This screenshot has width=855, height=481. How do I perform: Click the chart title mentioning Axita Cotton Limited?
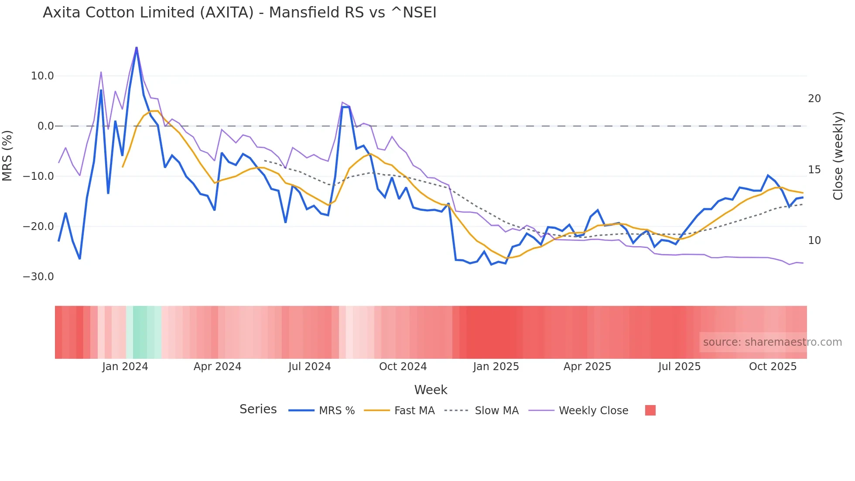coord(239,13)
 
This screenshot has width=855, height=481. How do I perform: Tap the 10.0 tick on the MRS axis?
coord(42,76)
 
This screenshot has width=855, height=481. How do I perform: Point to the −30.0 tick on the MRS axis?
coord(38,277)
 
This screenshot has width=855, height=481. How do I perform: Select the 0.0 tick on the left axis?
coord(45,126)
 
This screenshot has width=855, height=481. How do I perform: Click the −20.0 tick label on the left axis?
coord(38,227)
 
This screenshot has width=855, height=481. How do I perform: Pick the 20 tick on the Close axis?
coord(814,99)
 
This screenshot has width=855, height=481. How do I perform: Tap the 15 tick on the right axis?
coord(814,170)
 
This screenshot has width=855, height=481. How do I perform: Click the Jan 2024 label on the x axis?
coord(125,367)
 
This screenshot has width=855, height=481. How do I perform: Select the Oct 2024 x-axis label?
coord(403,367)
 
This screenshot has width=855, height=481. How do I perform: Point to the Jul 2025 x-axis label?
coord(679,367)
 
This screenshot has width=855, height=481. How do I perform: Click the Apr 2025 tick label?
coord(587,367)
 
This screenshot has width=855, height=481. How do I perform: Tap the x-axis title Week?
coord(431,390)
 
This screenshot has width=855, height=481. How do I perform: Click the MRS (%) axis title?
coord(7,155)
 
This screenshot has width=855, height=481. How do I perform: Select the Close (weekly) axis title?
coord(838,156)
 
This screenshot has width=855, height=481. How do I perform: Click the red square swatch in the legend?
coord(650,410)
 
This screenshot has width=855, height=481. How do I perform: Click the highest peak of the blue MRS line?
coord(137,48)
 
